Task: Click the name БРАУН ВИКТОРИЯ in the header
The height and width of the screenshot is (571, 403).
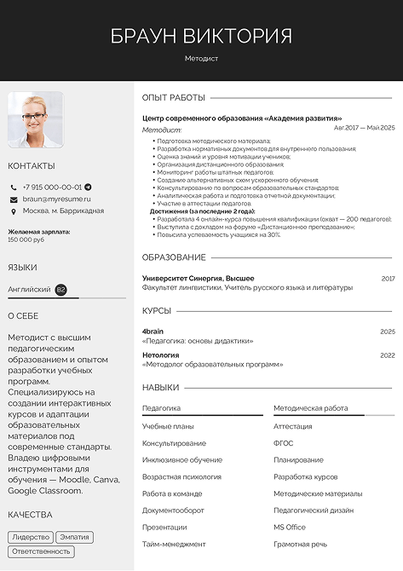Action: [x=201, y=36]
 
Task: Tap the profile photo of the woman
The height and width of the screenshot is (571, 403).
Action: [x=35, y=120]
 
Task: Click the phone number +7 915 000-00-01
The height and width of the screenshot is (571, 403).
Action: [x=52, y=187]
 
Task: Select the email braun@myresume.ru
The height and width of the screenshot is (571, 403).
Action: [x=56, y=199]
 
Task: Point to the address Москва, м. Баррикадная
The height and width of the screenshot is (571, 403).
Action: [x=63, y=211]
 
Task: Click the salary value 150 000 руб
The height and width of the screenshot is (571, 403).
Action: [x=26, y=239]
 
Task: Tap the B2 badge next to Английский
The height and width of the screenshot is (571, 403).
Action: [x=60, y=290]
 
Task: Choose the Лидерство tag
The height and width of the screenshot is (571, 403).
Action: [x=31, y=538]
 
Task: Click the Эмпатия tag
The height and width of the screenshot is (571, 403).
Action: [x=74, y=538]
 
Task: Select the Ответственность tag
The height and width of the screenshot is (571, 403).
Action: [x=41, y=551]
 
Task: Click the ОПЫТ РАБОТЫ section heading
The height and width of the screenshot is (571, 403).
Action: [x=174, y=98]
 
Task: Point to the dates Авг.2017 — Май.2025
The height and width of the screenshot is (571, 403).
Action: [x=364, y=127]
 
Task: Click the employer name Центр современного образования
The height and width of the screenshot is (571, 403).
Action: [x=242, y=118]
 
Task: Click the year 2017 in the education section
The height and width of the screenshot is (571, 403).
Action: [x=388, y=279]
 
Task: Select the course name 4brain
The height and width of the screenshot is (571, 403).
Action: [x=153, y=331]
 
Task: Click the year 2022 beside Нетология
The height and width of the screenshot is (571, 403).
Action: [x=388, y=355]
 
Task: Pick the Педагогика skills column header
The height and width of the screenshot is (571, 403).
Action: [x=161, y=408]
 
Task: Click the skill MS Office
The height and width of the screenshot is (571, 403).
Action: [x=289, y=528]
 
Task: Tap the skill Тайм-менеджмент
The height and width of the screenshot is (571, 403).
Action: [x=174, y=544]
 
